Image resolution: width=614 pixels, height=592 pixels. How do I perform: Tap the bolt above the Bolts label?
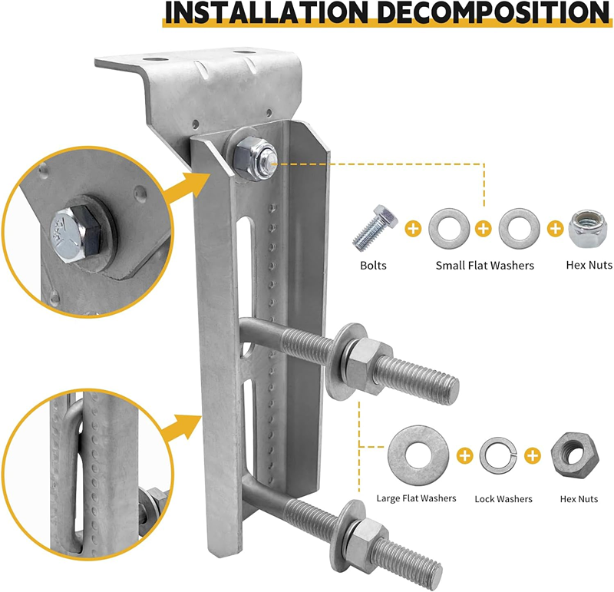375,228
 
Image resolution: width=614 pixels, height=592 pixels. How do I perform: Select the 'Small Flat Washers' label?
485,266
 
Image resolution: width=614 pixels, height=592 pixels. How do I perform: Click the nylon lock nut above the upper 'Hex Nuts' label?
588,229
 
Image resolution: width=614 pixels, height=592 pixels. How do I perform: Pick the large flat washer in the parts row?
418,455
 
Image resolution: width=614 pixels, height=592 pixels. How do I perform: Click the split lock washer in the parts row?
498,455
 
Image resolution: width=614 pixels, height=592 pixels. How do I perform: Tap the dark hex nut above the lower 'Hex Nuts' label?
575,455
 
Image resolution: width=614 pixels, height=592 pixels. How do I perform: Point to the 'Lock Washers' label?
503,499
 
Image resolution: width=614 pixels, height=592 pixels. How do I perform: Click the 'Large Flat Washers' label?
416,498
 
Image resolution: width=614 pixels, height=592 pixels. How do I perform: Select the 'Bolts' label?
373,266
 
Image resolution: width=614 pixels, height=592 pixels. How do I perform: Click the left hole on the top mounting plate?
156,60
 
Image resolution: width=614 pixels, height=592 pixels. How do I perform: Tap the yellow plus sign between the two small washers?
484,228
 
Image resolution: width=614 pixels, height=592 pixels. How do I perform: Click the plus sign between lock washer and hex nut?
533,455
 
